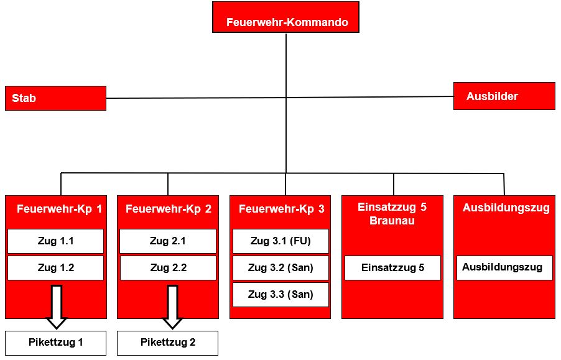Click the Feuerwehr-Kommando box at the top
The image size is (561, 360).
[285, 17]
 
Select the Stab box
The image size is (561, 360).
[55, 98]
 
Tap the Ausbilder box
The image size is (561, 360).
[504, 96]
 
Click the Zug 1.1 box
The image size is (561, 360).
[55, 241]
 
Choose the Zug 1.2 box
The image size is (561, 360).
[55, 268]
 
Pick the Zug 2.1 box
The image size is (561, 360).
[168, 241]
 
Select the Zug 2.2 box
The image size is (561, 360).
[168, 268]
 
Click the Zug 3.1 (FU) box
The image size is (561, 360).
[280, 241]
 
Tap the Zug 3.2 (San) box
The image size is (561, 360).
[280, 268]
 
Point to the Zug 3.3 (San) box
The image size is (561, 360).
[280, 295]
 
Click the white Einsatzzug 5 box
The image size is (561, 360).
[392, 268]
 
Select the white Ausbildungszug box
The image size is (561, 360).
[504, 268]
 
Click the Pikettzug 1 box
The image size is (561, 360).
[55, 343]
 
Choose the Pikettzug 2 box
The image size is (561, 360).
[167, 343]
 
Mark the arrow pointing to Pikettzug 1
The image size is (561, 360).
[57, 307]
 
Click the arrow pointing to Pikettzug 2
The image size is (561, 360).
[172, 307]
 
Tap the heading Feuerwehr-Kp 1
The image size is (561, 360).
[59, 209]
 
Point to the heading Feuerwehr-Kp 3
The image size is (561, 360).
[282, 209]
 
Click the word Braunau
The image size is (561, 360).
[392, 221]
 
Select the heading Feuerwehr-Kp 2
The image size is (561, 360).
[169, 209]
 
